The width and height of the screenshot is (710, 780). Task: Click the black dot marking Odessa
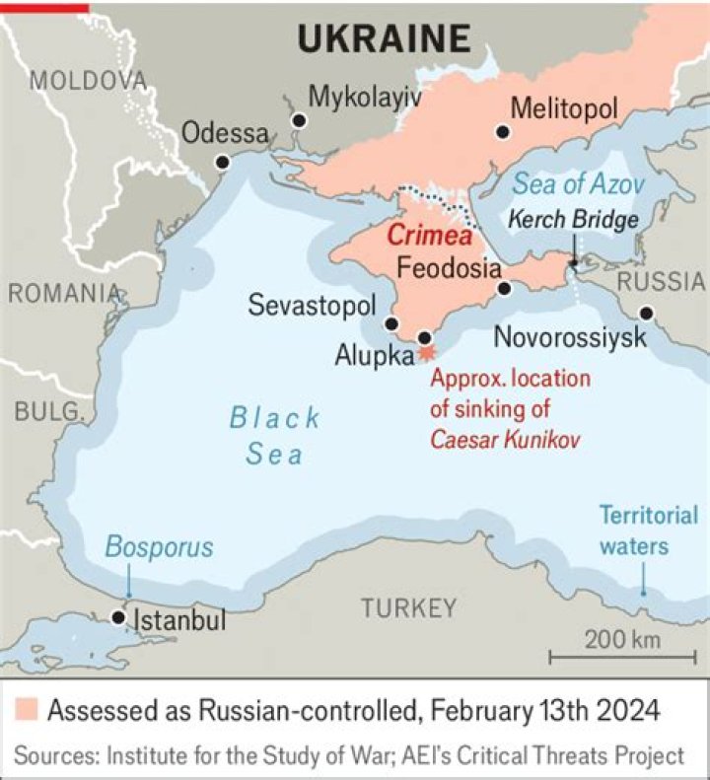click(x=223, y=162)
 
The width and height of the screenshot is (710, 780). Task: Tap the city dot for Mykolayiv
click(x=299, y=120)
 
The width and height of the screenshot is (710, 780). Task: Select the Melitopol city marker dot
click(x=504, y=131)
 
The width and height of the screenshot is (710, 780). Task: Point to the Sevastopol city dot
click(x=391, y=323)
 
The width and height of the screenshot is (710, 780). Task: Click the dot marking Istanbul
click(x=118, y=617)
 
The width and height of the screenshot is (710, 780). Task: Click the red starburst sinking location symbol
click(x=426, y=350)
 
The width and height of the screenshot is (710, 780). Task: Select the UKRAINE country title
click(x=384, y=38)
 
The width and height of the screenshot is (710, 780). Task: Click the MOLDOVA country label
click(x=87, y=80)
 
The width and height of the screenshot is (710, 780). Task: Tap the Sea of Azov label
click(x=578, y=184)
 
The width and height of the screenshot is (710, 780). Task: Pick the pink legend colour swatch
click(x=28, y=710)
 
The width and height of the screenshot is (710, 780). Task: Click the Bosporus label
click(x=159, y=547)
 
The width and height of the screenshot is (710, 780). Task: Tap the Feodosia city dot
click(x=504, y=289)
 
